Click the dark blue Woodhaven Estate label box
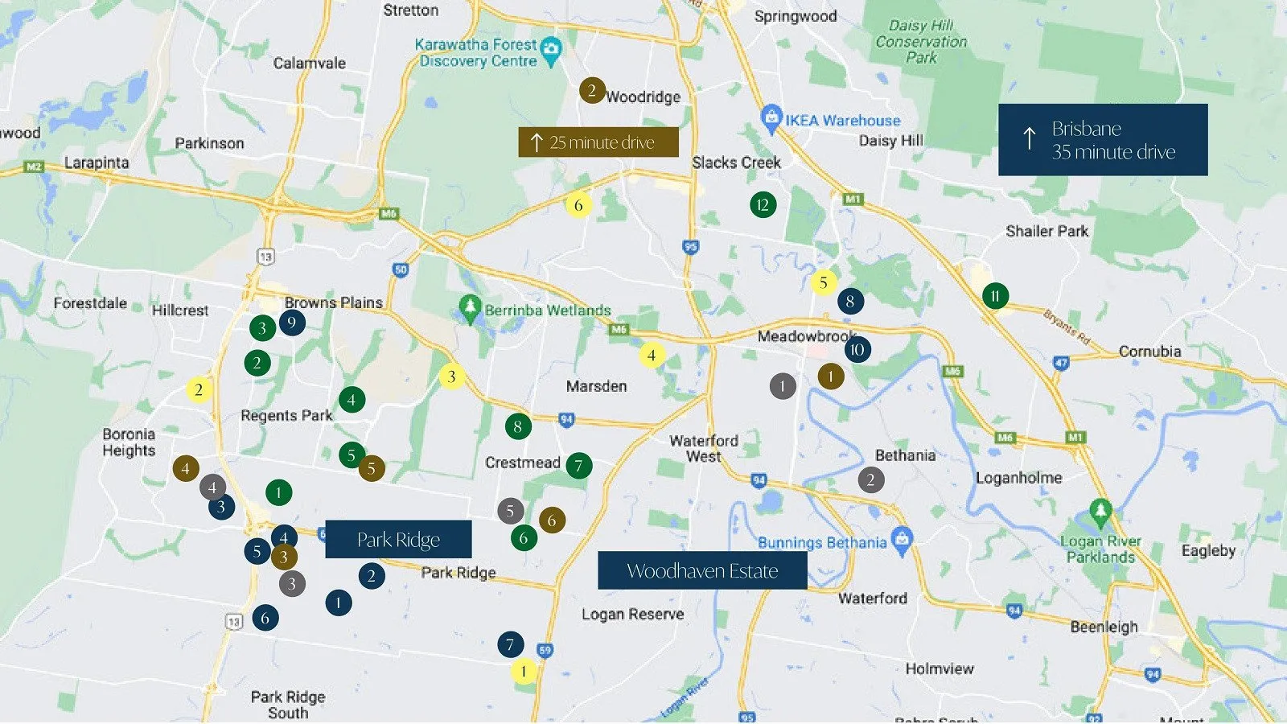(x=702, y=570)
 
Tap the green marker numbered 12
(x=763, y=205)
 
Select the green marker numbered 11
(x=995, y=296)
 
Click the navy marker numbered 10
(x=857, y=349)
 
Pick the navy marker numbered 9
(x=291, y=323)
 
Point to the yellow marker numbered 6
(x=578, y=205)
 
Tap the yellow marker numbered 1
(x=524, y=672)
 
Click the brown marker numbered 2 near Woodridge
(x=592, y=90)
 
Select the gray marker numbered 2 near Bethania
(x=870, y=480)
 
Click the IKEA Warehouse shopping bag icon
(x=771, y=117)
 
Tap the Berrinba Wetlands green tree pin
(x=470, y=307)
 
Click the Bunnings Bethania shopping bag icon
(x=902, y=538)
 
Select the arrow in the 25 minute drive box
(x=536, y=143)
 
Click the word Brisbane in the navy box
(x=1086, y=129)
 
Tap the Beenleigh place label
(x=1104, y=627)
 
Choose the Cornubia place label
(x=1149, y=352)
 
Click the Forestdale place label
(x=90, y=303)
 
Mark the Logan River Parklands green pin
(x=1100, y=511)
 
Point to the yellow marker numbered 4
(x=652, y=355)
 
